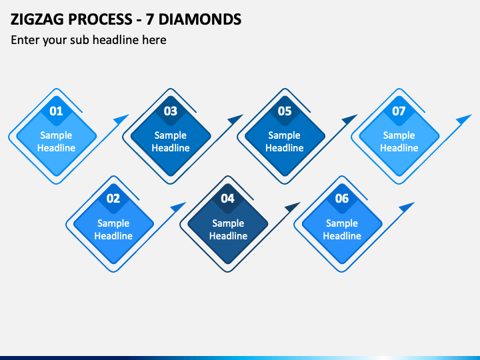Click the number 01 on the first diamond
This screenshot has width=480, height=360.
[x=56, y=111]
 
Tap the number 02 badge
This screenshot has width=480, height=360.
[x=113, y=199]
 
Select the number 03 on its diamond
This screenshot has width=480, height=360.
[x=171, y=111]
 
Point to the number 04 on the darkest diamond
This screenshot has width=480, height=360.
[x=227, y=199]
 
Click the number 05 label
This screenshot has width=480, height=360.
[x=285, y=111]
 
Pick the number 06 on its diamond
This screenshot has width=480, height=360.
[x=342, y=199]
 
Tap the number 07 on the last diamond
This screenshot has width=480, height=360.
[x=399, y=111]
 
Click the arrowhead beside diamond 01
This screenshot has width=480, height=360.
[x=121, y=119]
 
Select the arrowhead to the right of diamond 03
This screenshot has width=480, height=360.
[x=235, y=119]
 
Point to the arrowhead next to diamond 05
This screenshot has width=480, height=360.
[x=349, y=119]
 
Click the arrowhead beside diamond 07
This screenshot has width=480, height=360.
[x=463, y=119]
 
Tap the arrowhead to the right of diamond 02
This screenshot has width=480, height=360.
[x=177, y=207]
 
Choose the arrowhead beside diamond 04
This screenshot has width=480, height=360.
[x=292, y=207]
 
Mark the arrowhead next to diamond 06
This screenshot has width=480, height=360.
[x=406, y=207]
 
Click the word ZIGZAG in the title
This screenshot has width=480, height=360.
[x=37, y=19]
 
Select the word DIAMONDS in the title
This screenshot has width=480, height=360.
[x=200, y=19]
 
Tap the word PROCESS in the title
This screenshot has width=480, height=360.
[x=100, y=19]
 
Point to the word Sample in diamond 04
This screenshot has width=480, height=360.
[x=228, y=223]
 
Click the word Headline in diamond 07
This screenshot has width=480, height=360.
[x=399, y=148]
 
